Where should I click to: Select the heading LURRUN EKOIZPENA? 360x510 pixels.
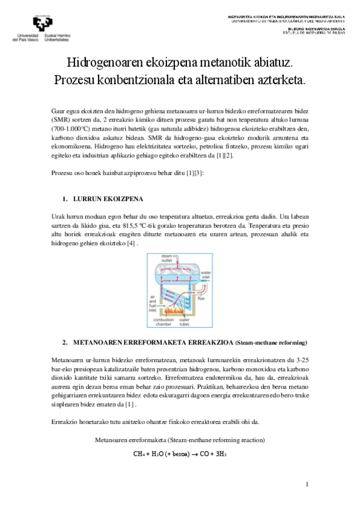point(108,198)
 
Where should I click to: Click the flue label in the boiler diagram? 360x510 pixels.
point(202,298)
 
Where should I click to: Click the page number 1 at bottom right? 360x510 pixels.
point(307,484)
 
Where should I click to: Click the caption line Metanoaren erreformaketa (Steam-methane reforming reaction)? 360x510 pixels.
point(180,440)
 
